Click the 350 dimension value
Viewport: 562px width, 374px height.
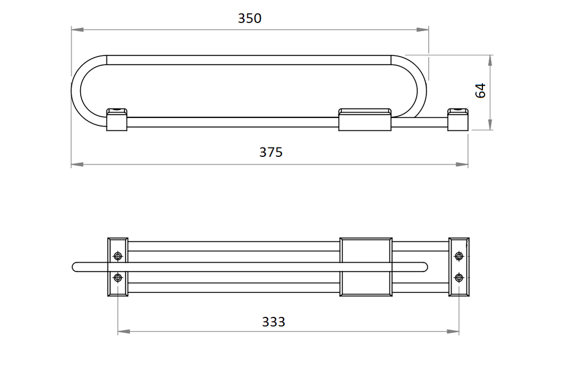pyautogui.click(x=250, y=18)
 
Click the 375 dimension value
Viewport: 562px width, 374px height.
pyautogui.click(x=271, y=152)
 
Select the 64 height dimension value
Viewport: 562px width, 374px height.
pyautogui.click(x=480, y=90)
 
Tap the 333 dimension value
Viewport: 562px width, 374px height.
pyautogui.click(x=273, y=322)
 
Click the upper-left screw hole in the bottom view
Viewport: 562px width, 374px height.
pyautogui.click(x=118, y=256)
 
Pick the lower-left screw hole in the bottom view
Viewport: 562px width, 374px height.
pyautogui.click(x=118, y=277)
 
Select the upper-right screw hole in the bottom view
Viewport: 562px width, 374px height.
pyautogui.click(x=459, y=256)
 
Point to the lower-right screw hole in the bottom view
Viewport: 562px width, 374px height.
pyautogui.click(x=459, y=277)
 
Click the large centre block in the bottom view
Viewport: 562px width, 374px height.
pyautogui.click(x=366, y=267)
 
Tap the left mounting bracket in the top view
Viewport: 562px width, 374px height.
pyautogui.click(x=117, y=120)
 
